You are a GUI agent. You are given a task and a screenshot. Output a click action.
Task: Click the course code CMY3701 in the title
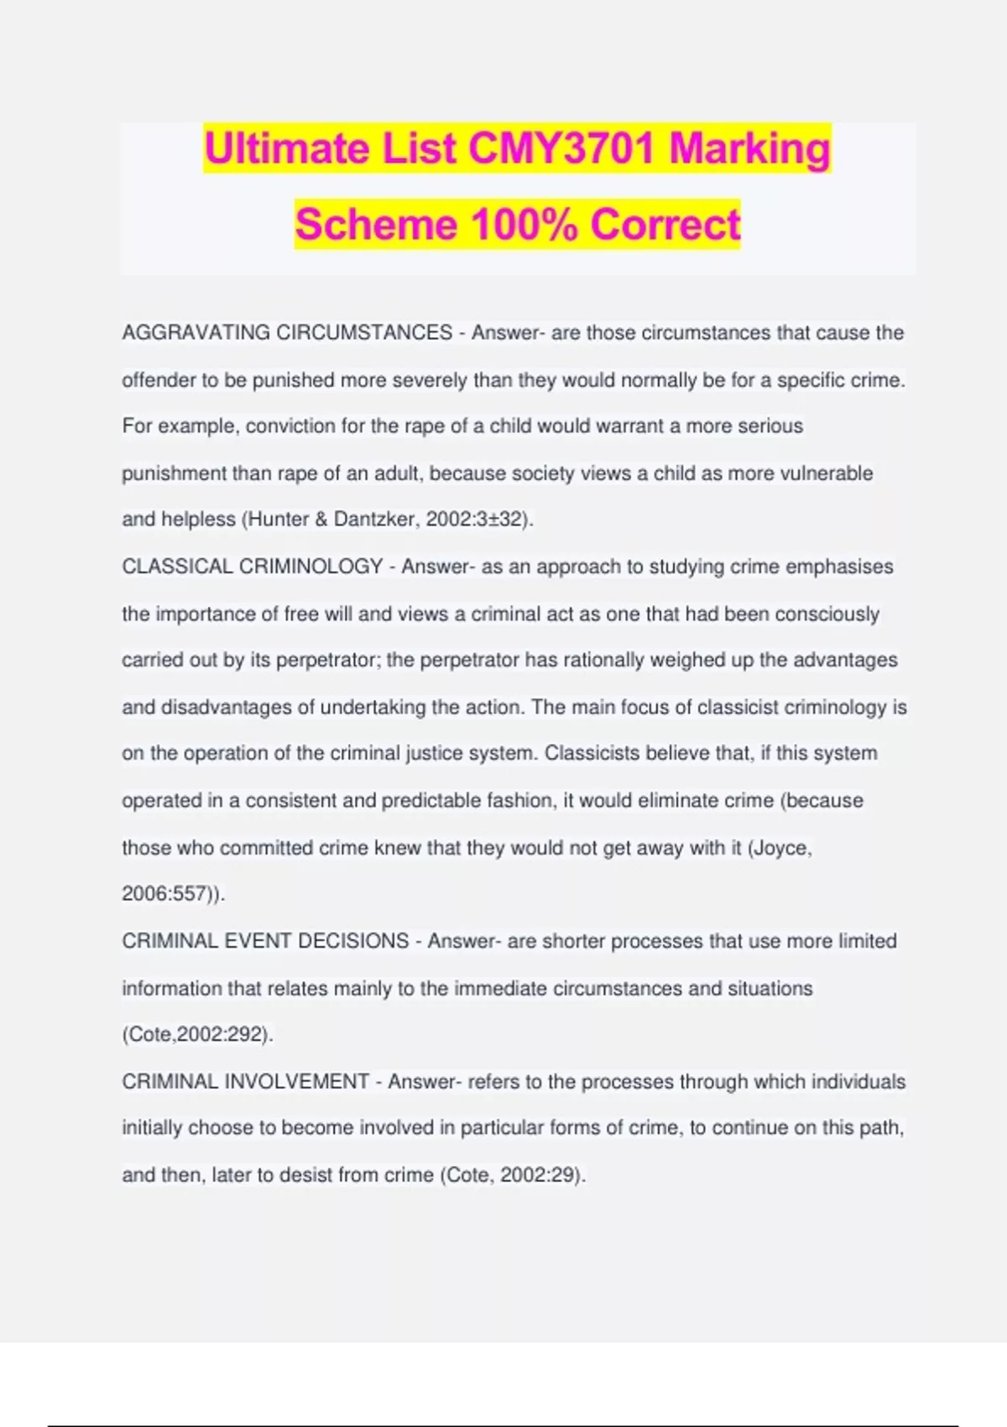[x=561, y=149]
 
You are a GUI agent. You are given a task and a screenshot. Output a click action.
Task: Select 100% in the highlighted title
[x=524, y=224]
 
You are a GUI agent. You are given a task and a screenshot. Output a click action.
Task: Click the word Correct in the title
[x=665, y=224]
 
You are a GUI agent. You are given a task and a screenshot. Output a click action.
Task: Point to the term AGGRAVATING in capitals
[x=196, y=333]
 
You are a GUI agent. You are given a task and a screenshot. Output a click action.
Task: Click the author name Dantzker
[x=373, y=520]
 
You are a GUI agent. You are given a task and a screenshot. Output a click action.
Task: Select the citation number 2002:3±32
[x=475, y=520]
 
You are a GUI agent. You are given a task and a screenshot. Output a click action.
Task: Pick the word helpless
[x=198, y=520]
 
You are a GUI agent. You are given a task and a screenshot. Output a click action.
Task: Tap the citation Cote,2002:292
[x=196, y=1034]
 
